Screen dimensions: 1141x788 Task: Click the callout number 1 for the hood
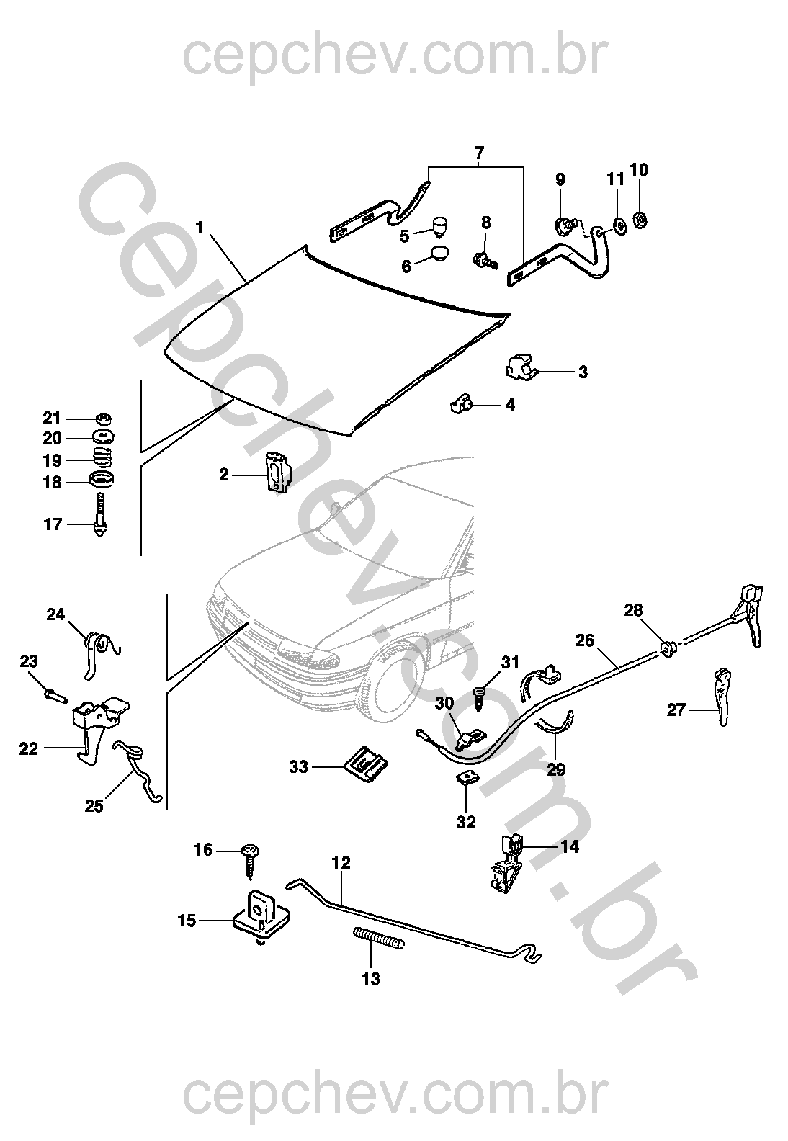pos(200,228)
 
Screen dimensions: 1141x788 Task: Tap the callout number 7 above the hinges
pos(479,153)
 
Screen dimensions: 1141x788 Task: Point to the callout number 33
pos(298,768)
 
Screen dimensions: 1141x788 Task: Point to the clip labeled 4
pos(462,406)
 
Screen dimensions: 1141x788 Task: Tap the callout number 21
pos(53,419)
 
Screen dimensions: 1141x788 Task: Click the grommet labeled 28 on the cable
pos(669,647)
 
